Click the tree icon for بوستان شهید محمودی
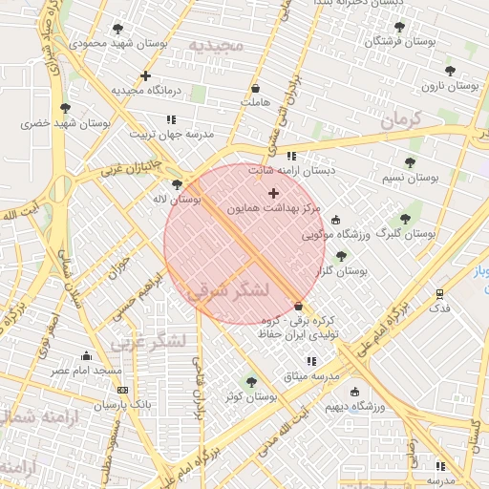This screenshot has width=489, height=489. click(x=117, y=29)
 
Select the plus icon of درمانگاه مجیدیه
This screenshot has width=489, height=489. click(x=145, y=75)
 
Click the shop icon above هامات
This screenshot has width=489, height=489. click(x=255, y=88)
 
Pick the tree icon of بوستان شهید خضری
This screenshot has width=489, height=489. click(x=65, y=108)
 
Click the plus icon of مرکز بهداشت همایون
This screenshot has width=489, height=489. click(x=274, y=193)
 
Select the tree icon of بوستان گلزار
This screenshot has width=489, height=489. click(x=341, y=256)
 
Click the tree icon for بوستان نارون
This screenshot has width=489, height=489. click(x=450, y=71)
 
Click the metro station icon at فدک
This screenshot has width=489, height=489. click(x=439, y=294)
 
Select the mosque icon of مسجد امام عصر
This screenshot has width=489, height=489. click(x=87, y=355)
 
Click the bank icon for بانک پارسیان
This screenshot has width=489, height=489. click(x=122, y=390)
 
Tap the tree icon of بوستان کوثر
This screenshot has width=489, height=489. click(x=251, y=382)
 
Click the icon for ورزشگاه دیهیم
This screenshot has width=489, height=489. click(x=355, y=392)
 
